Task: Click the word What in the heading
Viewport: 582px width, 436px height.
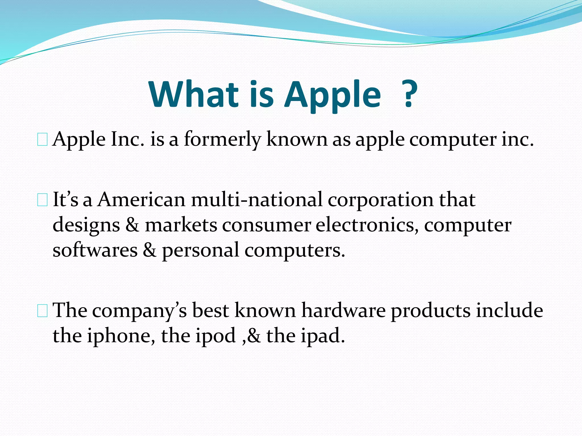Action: coord(194,94)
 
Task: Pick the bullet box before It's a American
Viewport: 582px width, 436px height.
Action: coord(42,200)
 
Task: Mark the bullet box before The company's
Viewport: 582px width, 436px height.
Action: coord(42,311)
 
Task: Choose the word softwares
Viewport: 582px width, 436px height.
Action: coord(95,250)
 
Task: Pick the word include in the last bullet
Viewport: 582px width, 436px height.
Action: coord(510,310)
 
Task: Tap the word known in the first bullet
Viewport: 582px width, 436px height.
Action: coord(297,140)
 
